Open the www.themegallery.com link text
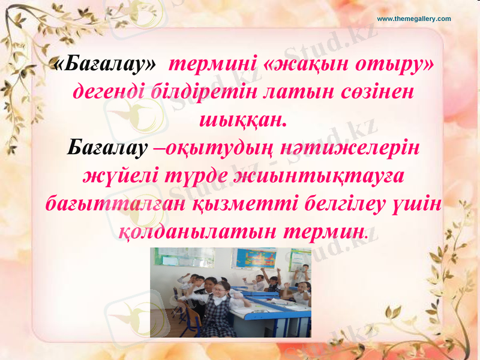tap(413, 19)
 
